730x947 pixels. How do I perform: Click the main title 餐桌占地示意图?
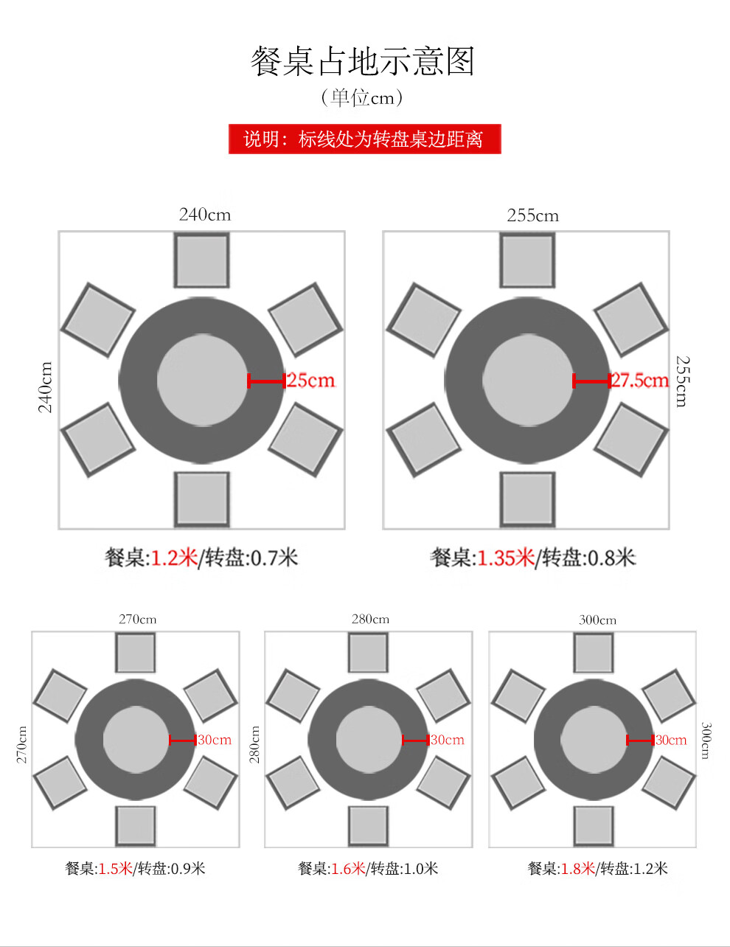click(362, 61)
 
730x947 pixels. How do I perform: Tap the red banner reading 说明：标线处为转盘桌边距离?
click(364, 139)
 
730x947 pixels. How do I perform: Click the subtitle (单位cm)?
click(362, 97)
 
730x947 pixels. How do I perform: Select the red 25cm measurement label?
click(310, 381)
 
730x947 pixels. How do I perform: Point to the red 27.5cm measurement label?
click(639, 381)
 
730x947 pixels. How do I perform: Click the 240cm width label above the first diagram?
click(205, 215)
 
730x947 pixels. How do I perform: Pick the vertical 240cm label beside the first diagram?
click(46, 387)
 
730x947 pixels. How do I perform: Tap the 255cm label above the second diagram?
click(532, 215)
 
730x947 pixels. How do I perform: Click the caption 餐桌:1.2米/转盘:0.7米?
click(201, 558)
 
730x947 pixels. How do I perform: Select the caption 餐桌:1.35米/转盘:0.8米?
click(532, 558)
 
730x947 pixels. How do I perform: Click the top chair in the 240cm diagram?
click(201, 260)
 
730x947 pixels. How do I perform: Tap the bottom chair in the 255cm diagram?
click(527, 499)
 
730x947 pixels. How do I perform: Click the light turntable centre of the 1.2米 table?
click(203, 381)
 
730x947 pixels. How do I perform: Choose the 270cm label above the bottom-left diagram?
click(138, 619)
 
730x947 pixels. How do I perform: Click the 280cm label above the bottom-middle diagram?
click(370, 619)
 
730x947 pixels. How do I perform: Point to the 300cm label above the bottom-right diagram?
click(597, 620)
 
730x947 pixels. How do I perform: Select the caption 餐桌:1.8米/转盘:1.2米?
click(597, 869)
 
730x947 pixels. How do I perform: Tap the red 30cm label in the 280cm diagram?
click(448, 740)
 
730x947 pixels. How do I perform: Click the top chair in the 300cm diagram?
click(594, 653)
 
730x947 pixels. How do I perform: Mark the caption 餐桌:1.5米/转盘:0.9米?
click(135, 869)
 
